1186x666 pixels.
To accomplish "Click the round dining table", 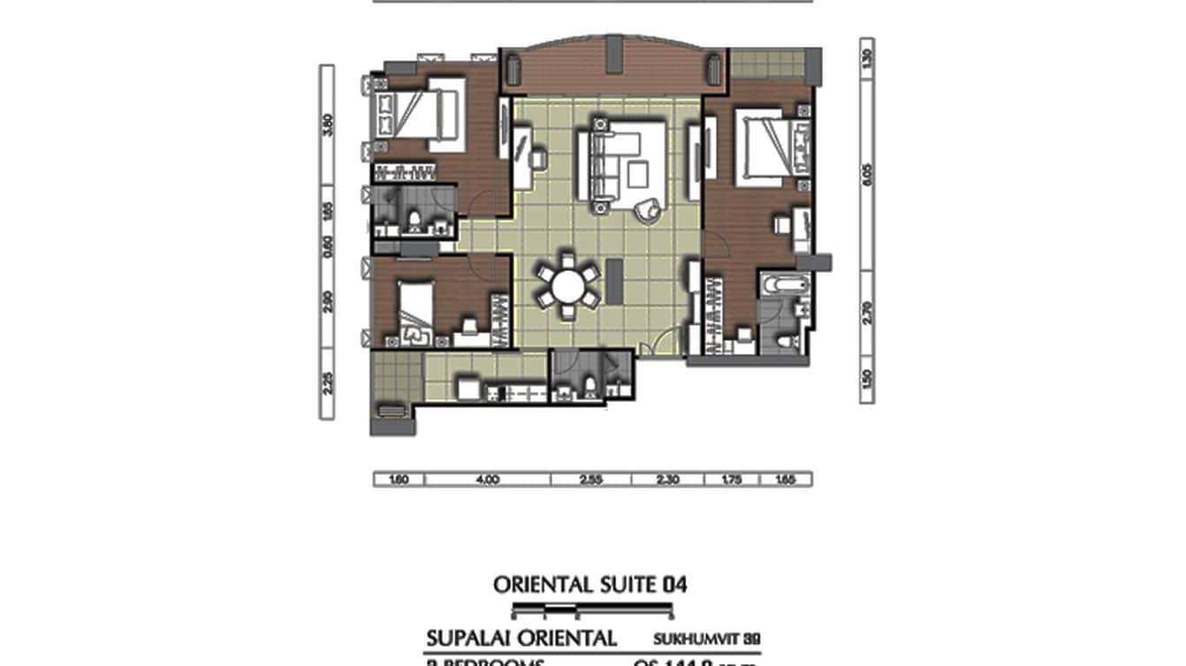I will (x=566, y=285).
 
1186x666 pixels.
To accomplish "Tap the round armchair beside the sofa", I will (x=649, y=208).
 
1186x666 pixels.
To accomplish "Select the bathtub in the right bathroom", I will (x=785, y=286).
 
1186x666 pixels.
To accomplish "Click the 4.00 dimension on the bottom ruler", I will (x=487, y=480).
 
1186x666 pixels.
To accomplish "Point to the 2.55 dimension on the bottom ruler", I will (x=590, y=480).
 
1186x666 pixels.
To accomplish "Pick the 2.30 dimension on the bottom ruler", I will (x=667, y=480).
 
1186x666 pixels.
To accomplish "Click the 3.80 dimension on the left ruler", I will (x=328, y=125).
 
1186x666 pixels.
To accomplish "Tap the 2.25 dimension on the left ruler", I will (x=328, y=382).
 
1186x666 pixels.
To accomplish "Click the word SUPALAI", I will (x=468, y=639).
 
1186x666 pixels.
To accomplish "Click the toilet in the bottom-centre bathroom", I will (x=588, y=384).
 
